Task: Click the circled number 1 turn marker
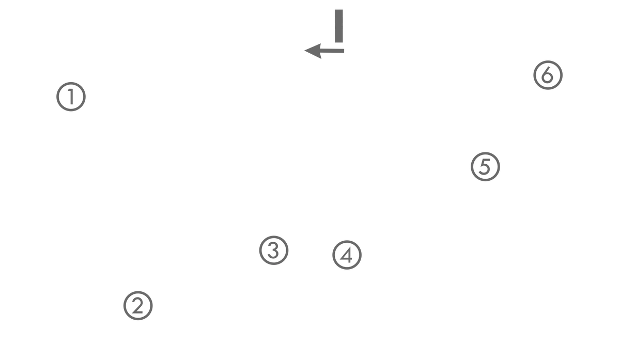coord(71,97)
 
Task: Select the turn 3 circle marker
coord(273,251)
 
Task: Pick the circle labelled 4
coord(347,255)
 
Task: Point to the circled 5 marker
coord(485,166)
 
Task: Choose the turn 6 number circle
coord(547,75)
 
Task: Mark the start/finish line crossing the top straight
coord(339,23)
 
